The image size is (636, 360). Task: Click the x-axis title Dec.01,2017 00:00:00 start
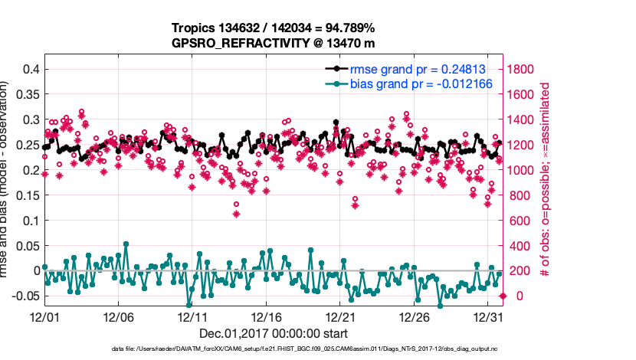(x=274, y=333)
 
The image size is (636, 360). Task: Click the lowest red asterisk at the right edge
(x=503, y=296)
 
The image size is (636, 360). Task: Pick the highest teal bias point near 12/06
(x=126, y=244)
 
